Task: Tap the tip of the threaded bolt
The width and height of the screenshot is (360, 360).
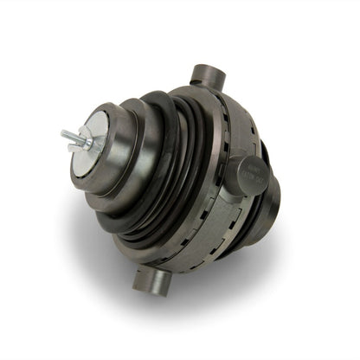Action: (x=62, y=134)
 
